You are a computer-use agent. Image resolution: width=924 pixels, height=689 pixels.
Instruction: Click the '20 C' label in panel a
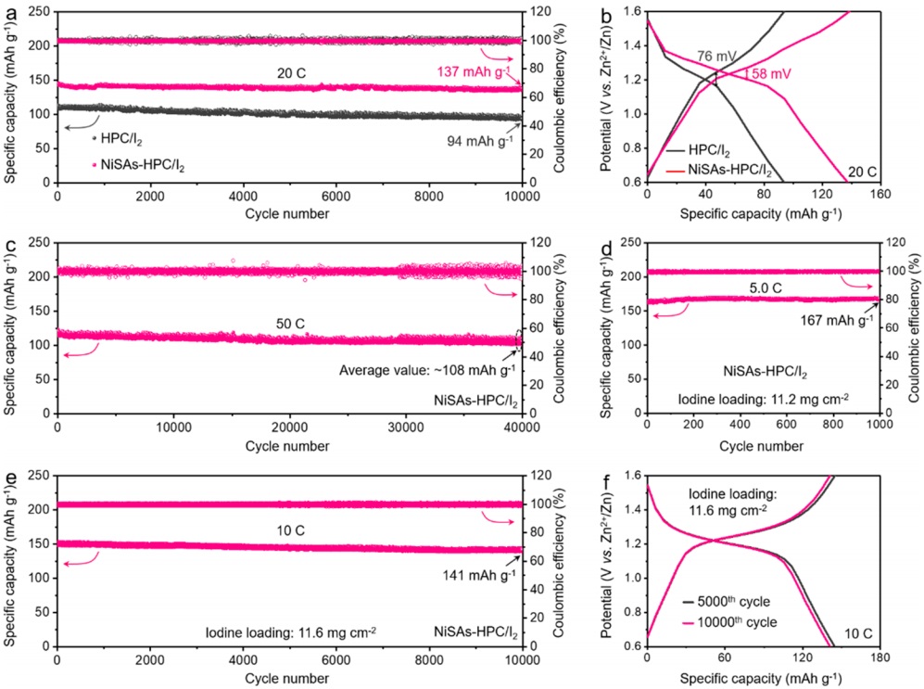290,71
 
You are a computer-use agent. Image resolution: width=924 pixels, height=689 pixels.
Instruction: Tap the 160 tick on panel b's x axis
879,197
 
